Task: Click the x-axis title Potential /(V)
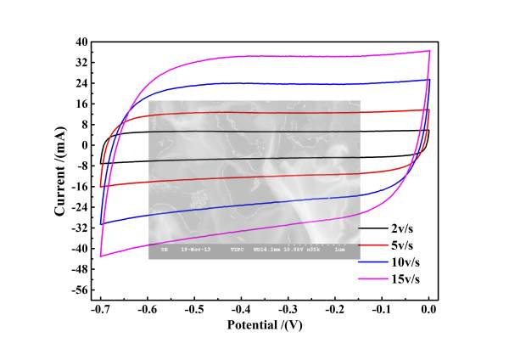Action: pos(265,325)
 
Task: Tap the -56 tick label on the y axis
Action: pos(80,290)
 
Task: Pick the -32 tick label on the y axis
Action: pos(80,228)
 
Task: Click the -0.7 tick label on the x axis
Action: pos(100,310)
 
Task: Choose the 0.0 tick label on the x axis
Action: pos(429,310)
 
